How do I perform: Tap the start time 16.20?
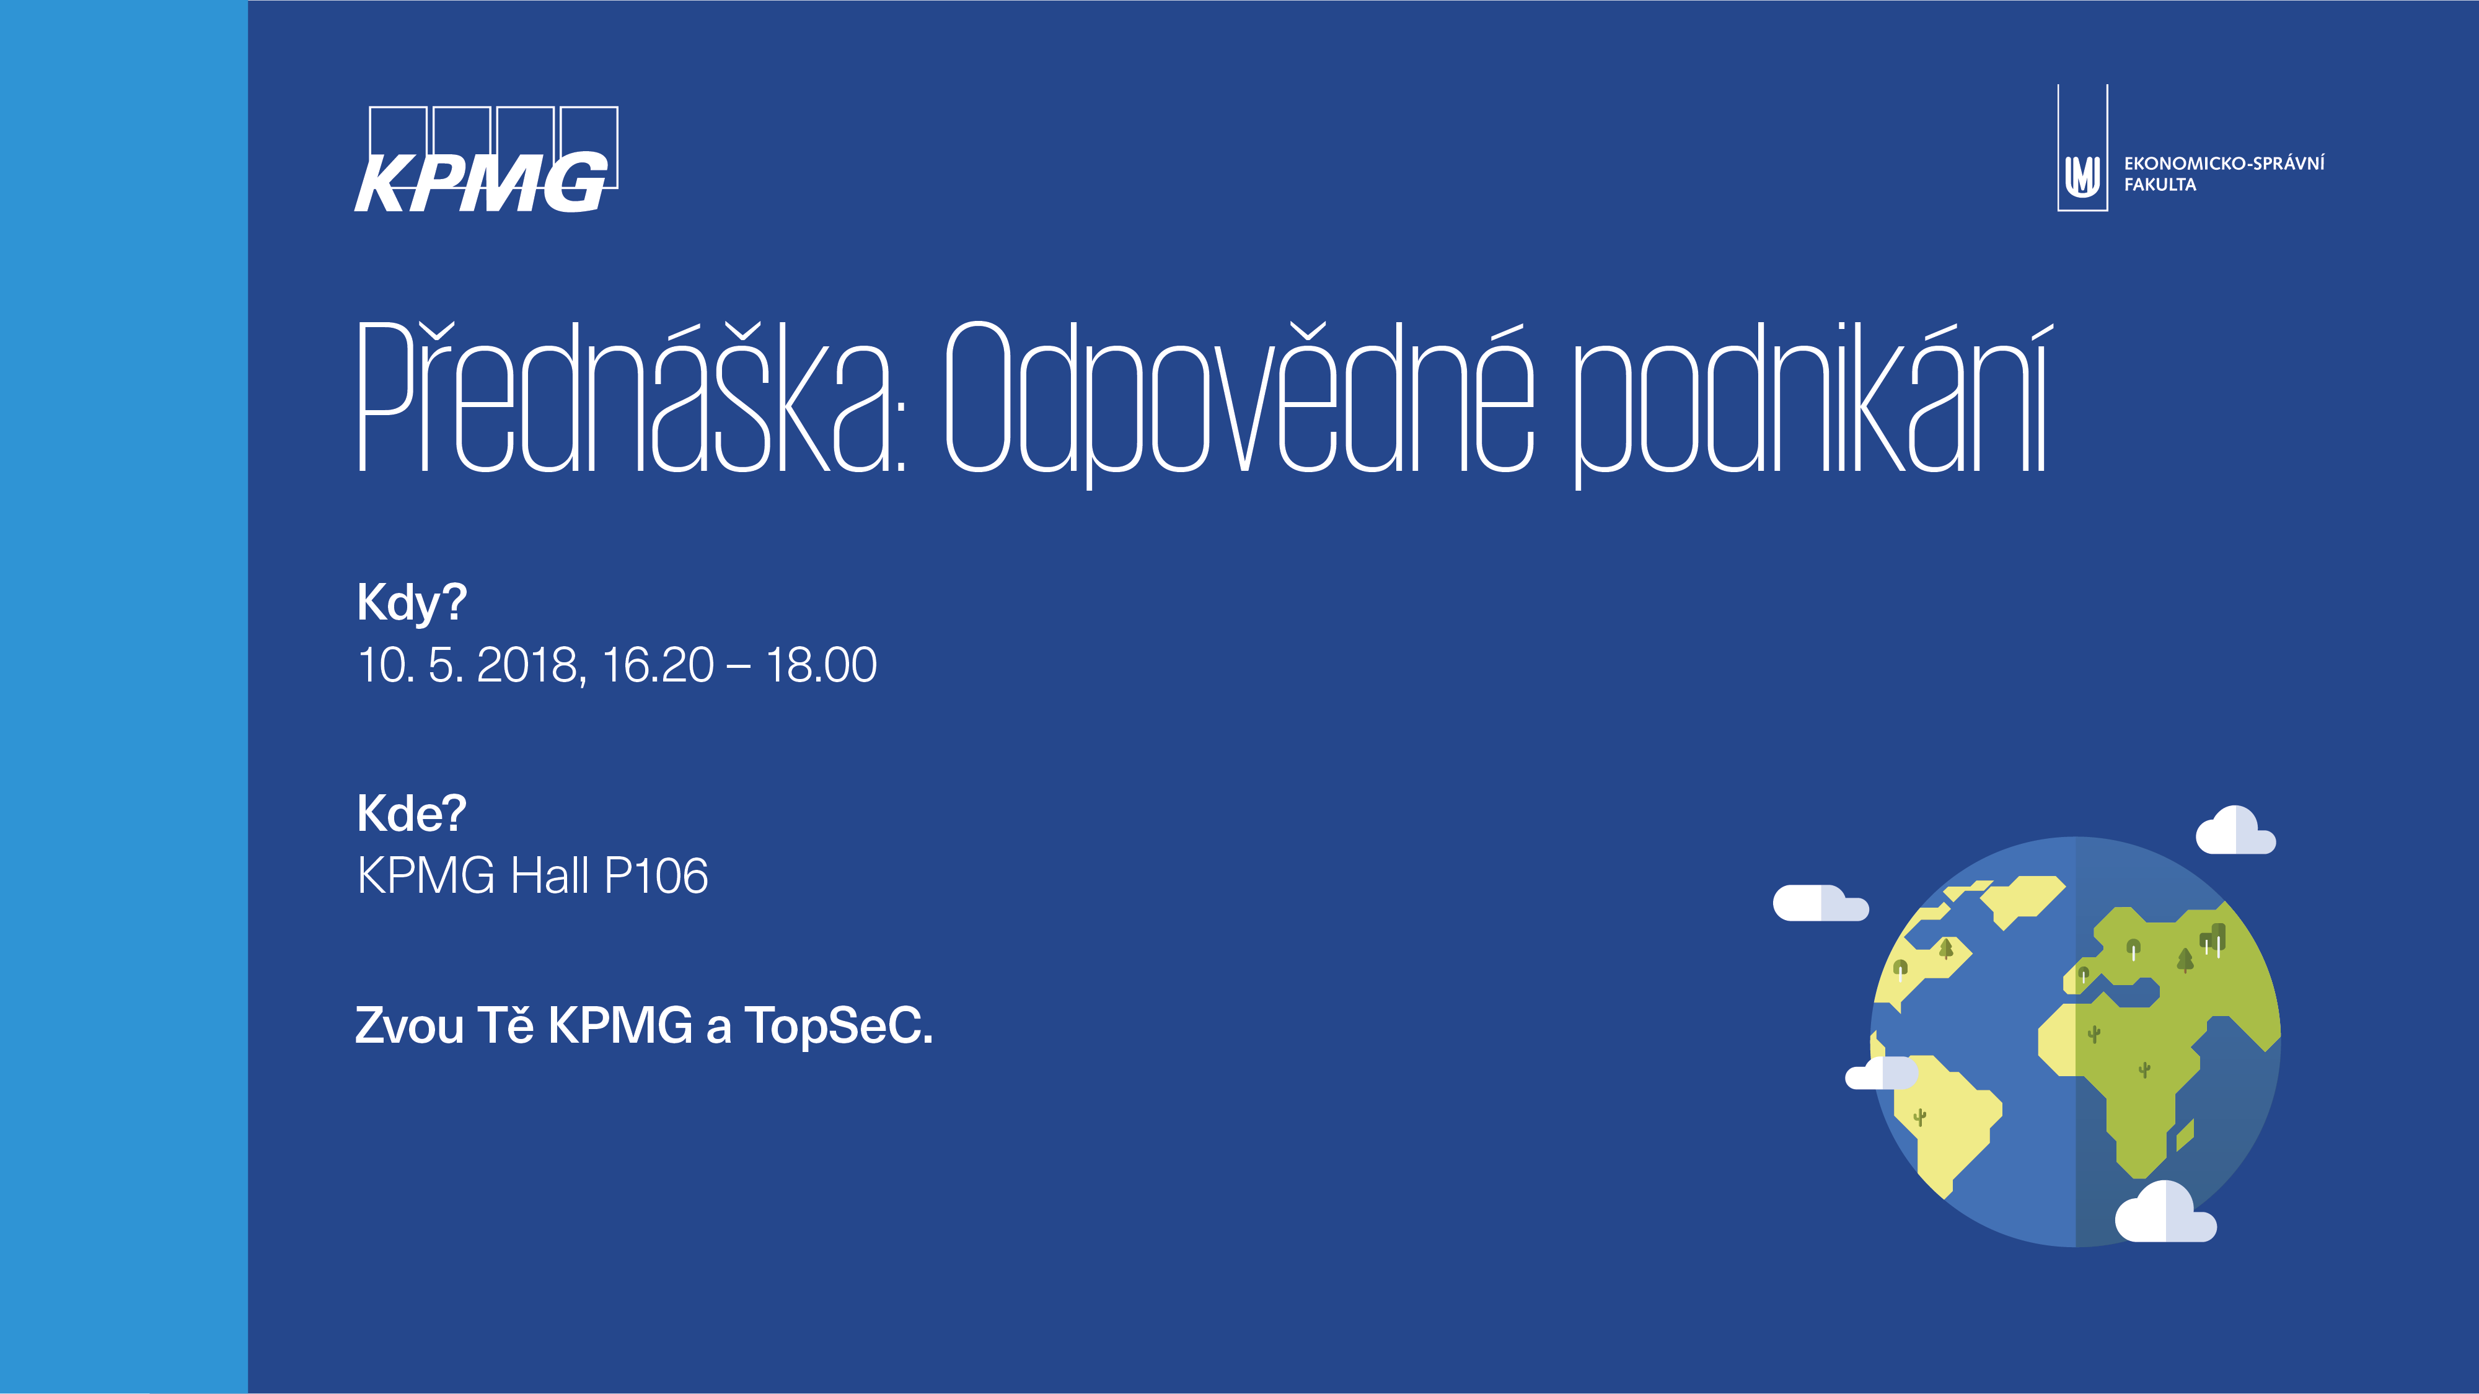coord(658,665)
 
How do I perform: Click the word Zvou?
coord(409,1025)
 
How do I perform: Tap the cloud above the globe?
coord(2235,830)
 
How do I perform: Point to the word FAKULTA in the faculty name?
coord(2160,185)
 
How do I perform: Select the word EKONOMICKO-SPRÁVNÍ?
coord(2224,162)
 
